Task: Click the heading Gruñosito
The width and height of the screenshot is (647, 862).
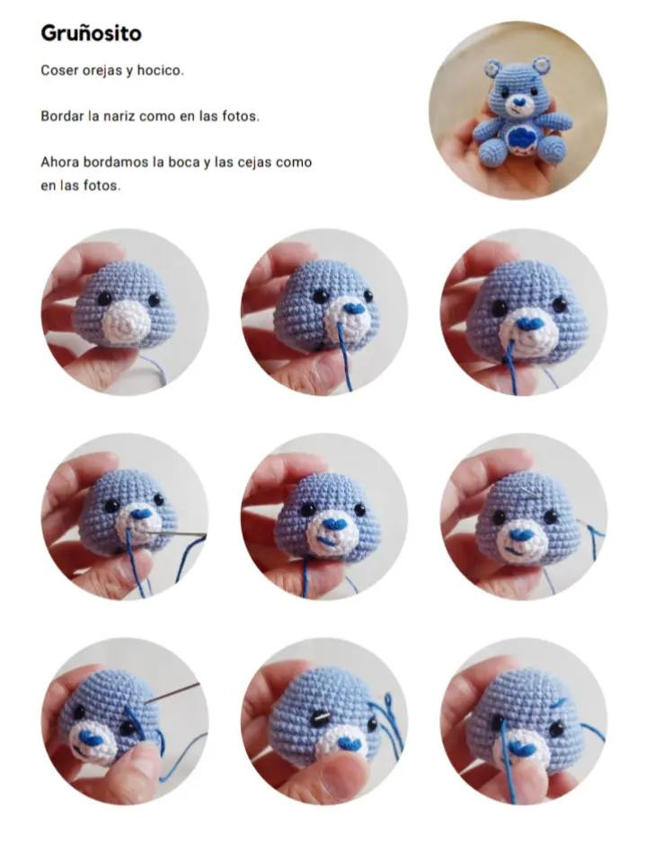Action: (91, 34)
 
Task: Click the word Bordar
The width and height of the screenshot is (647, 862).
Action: (62, 117)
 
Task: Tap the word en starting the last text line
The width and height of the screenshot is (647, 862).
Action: (49, 186)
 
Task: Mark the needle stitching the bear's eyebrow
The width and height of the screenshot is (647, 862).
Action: (173, 692)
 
